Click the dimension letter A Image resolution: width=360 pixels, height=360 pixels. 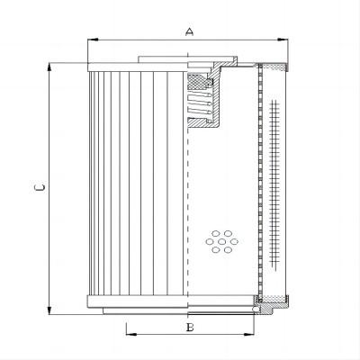pyautogui.click(x=189, y=31)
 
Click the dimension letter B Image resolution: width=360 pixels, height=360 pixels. pyautogui.click(x=190, y=328)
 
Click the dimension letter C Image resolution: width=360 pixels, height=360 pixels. pyautogui.click(x=40, y=188)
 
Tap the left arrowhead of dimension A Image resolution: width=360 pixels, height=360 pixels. pyautogui.click(x=93, y=40)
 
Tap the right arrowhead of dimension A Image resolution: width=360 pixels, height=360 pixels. pyautogui.click(x=283, y=40)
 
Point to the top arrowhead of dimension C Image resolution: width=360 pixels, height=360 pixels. pyautogui.click(x=49, y=67)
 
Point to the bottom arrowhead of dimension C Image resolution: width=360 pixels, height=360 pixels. pyautogui.click(x=49, y=310)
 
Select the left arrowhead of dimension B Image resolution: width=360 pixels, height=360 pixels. pyautogui.click(x=131, y=334)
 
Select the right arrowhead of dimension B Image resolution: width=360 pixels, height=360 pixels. pyautogui.click(x=248, y=334)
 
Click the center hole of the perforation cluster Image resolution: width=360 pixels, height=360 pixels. pyautogui.click(x=222, y=241)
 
